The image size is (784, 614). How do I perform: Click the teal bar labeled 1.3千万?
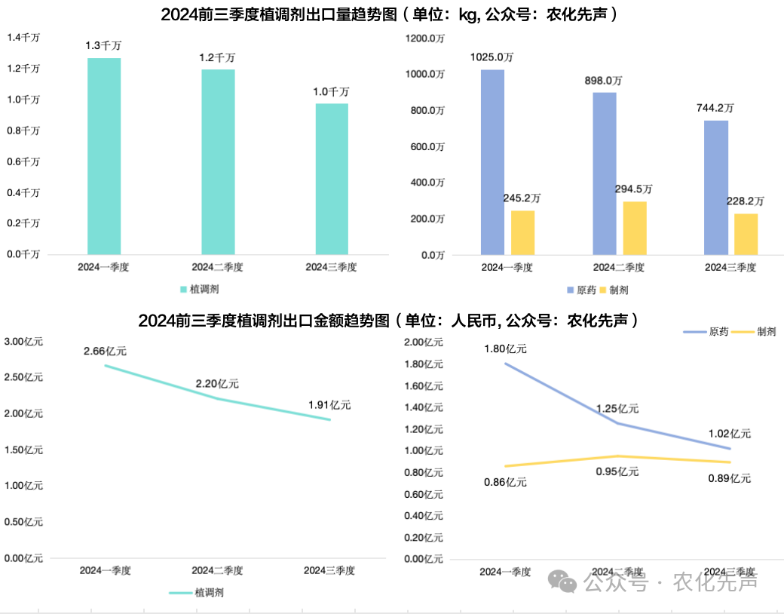coord(104,155)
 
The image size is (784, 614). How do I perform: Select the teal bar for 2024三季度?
coord(332,178)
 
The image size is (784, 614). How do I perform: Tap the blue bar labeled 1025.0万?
coord(492,161)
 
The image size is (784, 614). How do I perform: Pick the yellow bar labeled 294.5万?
coord(635,228)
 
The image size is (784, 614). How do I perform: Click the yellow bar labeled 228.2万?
coord(746,234)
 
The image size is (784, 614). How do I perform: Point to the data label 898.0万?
coord(604,80)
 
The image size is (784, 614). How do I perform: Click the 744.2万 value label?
coord(715,108)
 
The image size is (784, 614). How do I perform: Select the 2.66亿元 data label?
coord(105,351)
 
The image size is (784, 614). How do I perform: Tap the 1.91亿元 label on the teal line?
coord(329,405)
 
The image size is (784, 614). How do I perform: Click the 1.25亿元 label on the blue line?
coord(617,408)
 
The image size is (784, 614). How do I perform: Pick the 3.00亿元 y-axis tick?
coord(23,342)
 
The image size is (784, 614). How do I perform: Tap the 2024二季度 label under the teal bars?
coord(218,267)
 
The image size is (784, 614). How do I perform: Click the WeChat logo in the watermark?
coord(562,581)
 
